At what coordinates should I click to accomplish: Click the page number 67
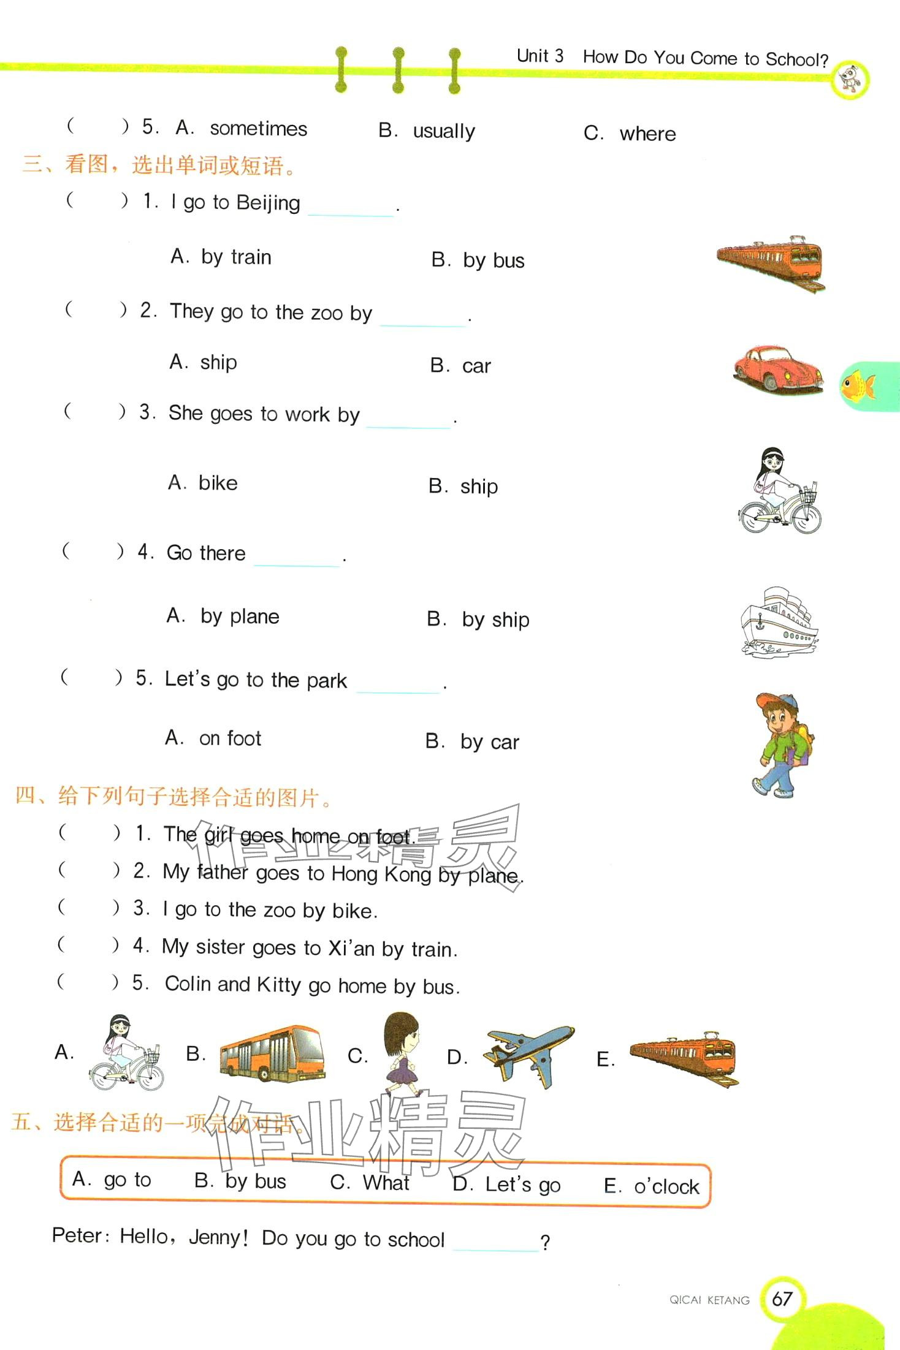[782, 1299]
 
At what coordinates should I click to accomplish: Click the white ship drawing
[779, 622]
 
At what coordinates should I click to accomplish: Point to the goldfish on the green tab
[858, 387]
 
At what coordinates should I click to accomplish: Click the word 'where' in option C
[647, 134]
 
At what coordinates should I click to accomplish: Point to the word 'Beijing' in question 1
[268, 203]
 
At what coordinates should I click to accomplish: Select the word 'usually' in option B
[444, 132]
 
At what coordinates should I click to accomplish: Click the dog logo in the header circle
[850, 79]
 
